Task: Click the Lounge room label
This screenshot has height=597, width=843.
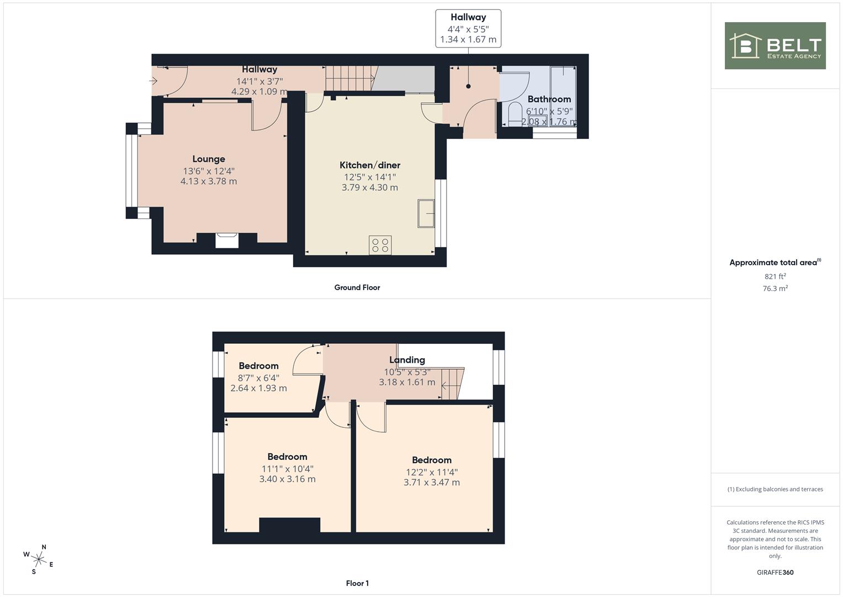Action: click(209, 159)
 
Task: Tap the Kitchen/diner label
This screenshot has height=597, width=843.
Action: click(369, 165)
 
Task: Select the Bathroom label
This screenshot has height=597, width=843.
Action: click(549, 99)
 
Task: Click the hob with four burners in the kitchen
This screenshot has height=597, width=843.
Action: click(380, 245)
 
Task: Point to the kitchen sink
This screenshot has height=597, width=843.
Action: click(426, 213)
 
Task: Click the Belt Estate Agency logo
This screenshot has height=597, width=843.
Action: click(775, 45)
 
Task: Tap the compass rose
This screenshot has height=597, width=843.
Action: click(39, 559)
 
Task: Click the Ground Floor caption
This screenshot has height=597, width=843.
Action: click(357, 287)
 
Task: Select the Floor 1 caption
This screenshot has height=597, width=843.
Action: click(357, 583)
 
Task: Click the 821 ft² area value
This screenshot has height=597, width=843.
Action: click(775, 276)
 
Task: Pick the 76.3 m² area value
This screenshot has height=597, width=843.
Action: click(775, 289)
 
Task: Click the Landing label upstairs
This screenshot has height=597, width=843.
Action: click(407, 360)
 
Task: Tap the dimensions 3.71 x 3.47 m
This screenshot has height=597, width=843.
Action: click(432, 483)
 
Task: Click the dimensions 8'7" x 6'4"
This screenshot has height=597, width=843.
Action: click(258, 378)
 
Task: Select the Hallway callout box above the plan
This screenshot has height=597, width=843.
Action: click(468, 29)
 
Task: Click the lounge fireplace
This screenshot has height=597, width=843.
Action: click(227, 240)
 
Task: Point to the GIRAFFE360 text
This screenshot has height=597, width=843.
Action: click(775, 572)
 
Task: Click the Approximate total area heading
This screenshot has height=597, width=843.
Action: click(775, 263)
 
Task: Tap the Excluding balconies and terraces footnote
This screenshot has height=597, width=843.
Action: click(775, 489)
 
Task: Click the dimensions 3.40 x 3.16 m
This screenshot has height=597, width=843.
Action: click(287, 479)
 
